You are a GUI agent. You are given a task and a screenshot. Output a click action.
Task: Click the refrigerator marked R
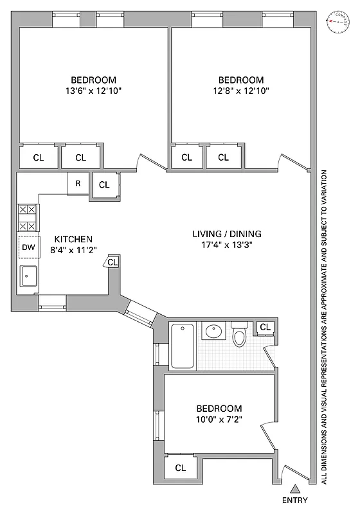click(x=78, y=183)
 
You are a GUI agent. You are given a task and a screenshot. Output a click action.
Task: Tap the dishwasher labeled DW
click(x=28, y=247)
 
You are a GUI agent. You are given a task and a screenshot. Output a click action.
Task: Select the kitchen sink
click(x=28, y=276)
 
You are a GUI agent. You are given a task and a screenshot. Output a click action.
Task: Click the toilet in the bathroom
click(x=239, y=335)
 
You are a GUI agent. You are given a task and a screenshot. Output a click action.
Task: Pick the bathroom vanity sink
click(x=213, y=332)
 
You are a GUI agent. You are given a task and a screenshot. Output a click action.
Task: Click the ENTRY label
click(x=294, y=501)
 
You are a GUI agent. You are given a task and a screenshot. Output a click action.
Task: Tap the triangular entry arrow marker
click(x=294, y=489)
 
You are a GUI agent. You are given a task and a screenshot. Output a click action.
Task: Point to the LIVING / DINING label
click(x=227, y=234)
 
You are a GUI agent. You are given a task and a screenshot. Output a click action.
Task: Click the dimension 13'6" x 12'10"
click(x=93, y=91)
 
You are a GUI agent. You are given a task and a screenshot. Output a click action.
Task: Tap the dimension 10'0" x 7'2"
click(x=219, y=420)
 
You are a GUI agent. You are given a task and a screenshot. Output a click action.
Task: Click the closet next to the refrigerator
click(x=104, y=185)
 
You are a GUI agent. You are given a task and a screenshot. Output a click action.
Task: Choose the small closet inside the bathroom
click(x=265, y=328)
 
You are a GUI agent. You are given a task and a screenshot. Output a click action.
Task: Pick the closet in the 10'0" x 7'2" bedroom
click(x=181, y=468)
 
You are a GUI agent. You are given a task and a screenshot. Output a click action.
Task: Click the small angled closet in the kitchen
click(x=113, y=262)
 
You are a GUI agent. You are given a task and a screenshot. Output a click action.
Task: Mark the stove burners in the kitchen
click(x=27, y=218)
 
